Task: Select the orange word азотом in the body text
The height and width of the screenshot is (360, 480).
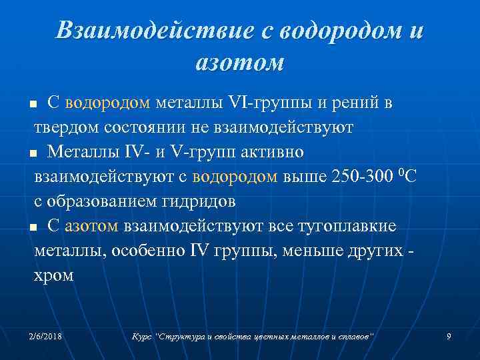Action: point(92,227)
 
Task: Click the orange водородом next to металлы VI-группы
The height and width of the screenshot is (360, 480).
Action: point(109,103)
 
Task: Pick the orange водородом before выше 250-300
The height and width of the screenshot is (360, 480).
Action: point(234,177)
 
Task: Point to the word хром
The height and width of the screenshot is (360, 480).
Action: point(54,275)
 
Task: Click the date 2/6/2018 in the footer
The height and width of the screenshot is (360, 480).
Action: point(45,337)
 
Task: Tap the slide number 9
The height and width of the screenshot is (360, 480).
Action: point(449,337)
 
